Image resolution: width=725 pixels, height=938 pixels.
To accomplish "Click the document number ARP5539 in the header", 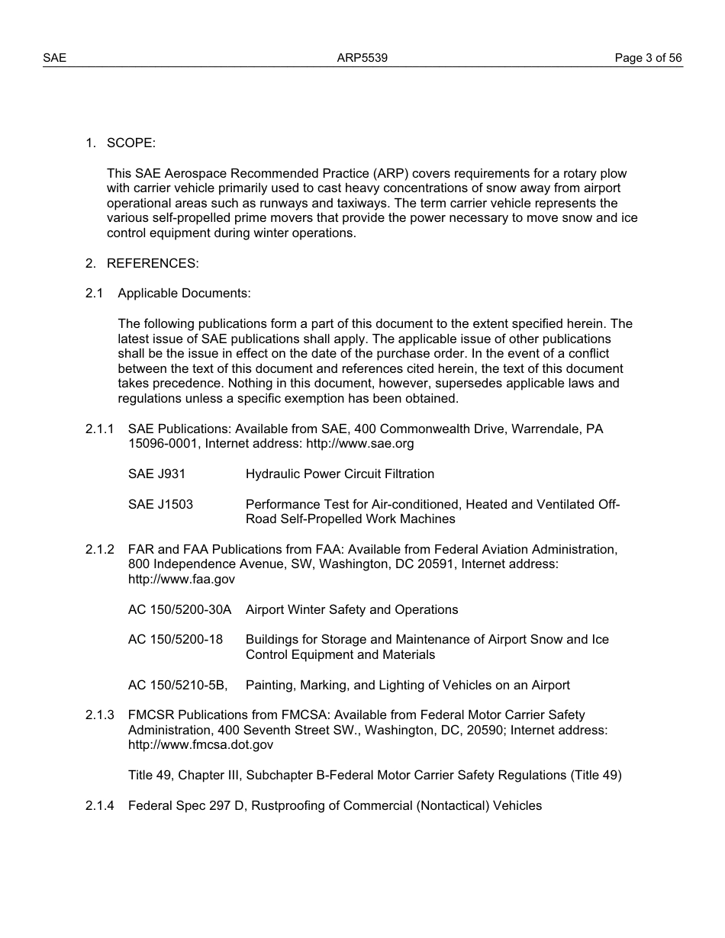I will [x=362, y=58].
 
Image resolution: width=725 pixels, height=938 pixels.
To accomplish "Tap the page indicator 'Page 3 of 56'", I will [x=648, y=58].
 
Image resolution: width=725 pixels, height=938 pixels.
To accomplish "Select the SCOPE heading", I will [x=130, y=143].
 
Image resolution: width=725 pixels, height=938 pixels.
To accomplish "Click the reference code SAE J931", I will [x=156, y=474].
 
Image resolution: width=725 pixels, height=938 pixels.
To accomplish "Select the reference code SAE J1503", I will [x=160, y=505].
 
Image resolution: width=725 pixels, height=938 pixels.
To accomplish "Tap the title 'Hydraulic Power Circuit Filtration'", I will [x=340, y=474].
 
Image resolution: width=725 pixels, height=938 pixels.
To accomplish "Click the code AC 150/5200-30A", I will [x=179, y=610].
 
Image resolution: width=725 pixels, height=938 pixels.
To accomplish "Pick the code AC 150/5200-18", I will [x=176, y=640].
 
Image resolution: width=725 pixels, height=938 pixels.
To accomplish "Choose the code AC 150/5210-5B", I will [x=178, y=686].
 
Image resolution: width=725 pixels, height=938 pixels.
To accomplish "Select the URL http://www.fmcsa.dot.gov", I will [x=201, y=745].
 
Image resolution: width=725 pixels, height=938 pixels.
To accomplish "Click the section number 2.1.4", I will [x=99, y=806].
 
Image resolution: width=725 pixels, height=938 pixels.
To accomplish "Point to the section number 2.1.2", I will [x=99, y=550].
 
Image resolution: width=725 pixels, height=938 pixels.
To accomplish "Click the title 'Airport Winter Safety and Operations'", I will [x=352, y=610].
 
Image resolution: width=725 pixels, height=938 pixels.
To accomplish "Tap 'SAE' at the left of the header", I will [x=54, y=58].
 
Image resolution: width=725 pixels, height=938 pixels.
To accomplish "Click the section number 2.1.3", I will [x=99, y=715].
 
